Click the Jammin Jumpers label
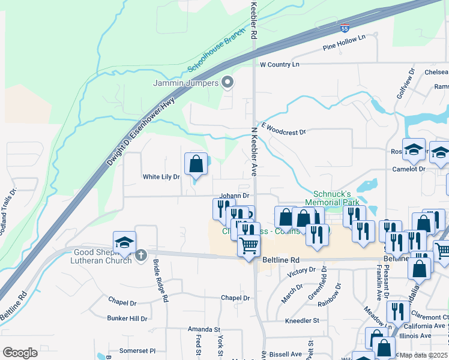186,83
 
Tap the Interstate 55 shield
344,28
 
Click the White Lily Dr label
161,177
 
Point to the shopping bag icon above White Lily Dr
196,164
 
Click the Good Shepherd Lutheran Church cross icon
141,256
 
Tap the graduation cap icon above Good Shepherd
124,242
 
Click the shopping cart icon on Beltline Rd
249,246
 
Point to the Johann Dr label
234,196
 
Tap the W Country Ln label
279,64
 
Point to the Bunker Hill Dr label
127,319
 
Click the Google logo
20,353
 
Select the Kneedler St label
303,321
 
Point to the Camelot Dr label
409,169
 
